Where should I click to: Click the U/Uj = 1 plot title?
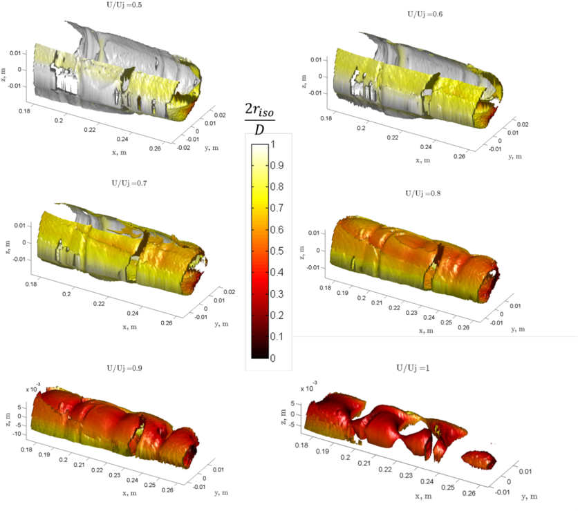(x=412, y=369)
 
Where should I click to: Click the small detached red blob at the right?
(x=477, y=459)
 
